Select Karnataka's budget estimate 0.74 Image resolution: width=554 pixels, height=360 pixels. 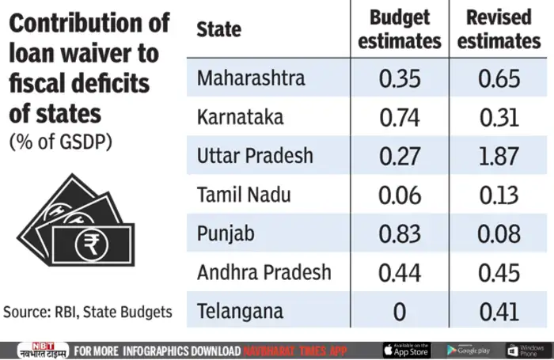[399, 118]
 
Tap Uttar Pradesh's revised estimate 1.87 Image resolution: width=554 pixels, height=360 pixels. [499, 156]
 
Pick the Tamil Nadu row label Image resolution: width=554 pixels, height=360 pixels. [244, 195]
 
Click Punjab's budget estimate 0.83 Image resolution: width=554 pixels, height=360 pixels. [399, 234]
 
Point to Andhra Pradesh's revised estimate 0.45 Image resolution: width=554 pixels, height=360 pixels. [499, 273]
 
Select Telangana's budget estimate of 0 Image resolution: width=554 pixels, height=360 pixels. [399, 312]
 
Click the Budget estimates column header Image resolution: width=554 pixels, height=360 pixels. [399, 29]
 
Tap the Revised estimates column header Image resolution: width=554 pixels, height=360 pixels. [499, 29]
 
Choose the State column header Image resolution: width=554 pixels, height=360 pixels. [219, 30]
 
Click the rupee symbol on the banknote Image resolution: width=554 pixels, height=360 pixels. [87, 244]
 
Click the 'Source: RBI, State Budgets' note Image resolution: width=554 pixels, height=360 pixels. [88, 312]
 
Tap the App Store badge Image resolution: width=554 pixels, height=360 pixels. [405, 350]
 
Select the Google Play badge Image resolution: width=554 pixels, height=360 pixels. [468, 350]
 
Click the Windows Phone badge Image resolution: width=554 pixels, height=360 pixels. [526, 350]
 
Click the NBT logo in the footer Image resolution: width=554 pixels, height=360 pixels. [34, 350]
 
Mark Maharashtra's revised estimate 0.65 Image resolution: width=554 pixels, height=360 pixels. [499, 79]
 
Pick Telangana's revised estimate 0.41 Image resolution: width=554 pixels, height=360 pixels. [499, 312]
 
